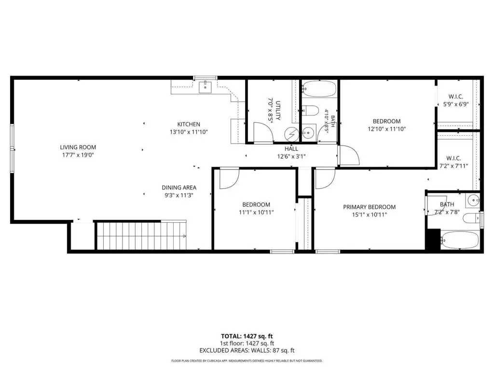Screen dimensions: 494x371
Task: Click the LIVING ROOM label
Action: (78, 147)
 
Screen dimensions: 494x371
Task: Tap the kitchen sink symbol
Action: (205, 86)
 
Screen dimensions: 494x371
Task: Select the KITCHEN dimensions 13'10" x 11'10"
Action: (189, 132)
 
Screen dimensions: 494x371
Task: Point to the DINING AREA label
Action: (179, 188)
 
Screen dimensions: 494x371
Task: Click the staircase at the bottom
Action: (141, 236)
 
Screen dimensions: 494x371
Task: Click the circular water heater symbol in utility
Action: (291, 134)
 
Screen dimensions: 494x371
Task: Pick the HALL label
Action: (291, 149)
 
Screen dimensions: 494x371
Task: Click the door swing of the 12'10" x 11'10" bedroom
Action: (349, 155)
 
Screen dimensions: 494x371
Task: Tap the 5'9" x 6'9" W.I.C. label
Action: (456, 97)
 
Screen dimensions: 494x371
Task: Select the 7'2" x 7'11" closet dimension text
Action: (453, 166)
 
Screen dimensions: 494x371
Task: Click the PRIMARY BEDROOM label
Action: (369, 207)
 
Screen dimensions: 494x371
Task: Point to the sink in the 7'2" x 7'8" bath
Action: (473, 200)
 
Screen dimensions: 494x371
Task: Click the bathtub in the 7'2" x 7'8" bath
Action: (460, 240)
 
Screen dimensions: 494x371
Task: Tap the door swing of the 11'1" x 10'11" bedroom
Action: (229, 179)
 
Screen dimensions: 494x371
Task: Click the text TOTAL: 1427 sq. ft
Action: (247, 336)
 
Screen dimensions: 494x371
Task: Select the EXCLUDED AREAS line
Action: (247, 351)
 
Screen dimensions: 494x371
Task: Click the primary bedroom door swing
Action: (325, 179)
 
